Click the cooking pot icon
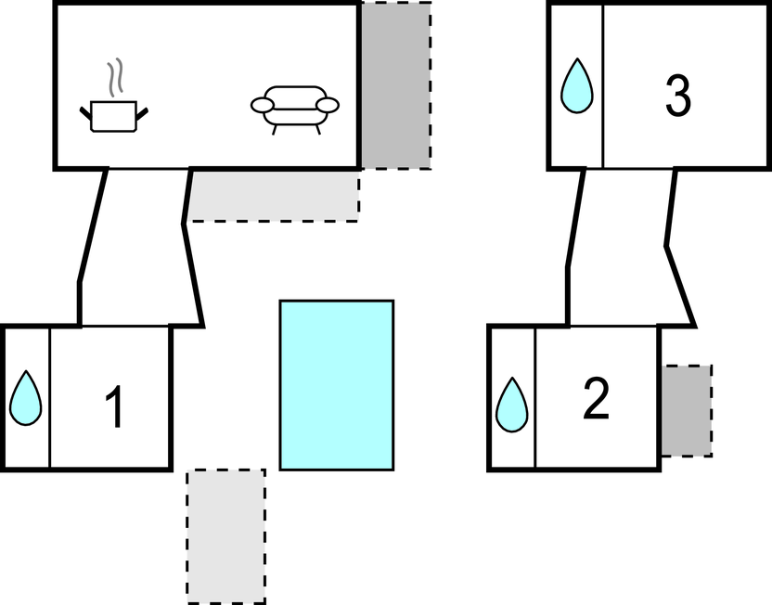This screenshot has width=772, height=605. point(114,116)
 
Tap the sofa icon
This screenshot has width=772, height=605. point(295,107)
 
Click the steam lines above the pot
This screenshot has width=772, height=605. point(114,80)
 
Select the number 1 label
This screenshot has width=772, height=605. point(114,408)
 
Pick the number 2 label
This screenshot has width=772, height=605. point(595,399)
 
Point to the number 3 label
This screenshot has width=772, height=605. point(678,97)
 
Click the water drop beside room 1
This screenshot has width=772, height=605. point(26,399)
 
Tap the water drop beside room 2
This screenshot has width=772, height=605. point(511,405)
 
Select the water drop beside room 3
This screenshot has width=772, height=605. point(576,86)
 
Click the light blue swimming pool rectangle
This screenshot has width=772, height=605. point(337,385)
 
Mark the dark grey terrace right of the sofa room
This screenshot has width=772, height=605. point(396,85)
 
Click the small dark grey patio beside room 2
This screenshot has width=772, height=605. point(687,409)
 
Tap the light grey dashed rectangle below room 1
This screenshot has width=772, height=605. point(226,535)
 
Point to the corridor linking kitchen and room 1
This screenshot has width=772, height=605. point(139,246)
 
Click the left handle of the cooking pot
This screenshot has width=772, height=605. point(86,113)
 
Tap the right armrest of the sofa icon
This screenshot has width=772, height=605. point(327,105)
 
